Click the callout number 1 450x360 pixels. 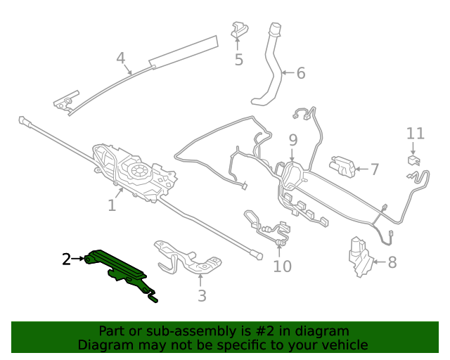pos(112,205)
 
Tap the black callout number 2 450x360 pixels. pos(67,259)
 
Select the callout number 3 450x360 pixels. pos(202,295)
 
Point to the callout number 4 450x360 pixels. pos(121,58)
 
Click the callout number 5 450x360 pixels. pos(239,60)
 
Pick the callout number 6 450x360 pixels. pos(301,73)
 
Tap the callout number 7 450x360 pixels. pos(375,169)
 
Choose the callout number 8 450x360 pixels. pos(392,262)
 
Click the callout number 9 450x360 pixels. pos(292,140)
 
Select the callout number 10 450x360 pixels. pos(283,266)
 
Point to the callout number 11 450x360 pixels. pos(416,134)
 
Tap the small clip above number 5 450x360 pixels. pos(239,30)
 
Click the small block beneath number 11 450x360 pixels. pos(413,160)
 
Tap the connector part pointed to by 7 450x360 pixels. pos(342,166)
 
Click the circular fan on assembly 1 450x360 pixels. pos(139,171)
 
